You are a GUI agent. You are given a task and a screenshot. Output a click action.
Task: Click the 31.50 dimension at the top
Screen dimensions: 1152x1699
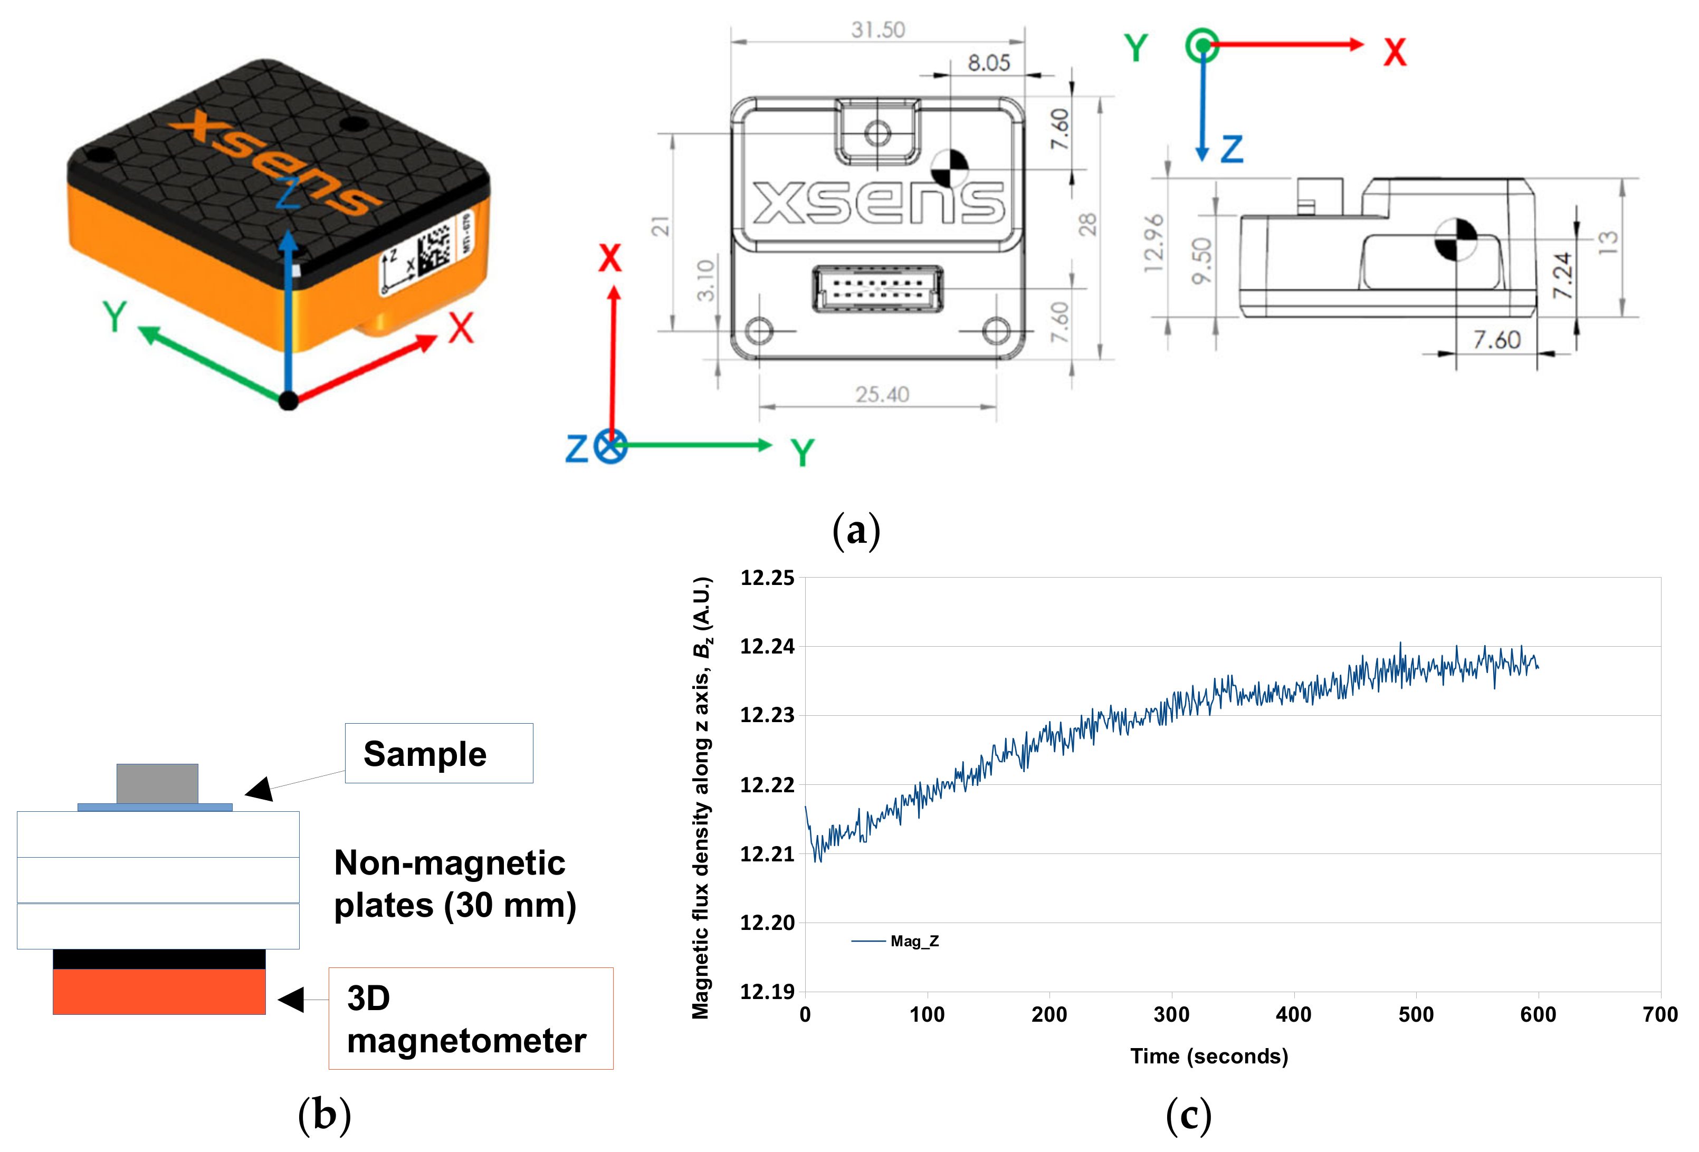[877, 30]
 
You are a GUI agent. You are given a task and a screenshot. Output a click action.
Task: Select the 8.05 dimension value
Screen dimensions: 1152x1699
[988, 63]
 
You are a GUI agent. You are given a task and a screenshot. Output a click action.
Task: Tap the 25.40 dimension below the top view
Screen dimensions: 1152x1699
[882, 395]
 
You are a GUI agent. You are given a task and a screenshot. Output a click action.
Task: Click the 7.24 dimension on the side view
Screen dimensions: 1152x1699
[1562, 275]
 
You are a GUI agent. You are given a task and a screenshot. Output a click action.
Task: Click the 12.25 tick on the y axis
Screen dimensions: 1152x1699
[767, 578]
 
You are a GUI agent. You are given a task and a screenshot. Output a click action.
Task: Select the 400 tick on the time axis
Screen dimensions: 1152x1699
[1293, 1014]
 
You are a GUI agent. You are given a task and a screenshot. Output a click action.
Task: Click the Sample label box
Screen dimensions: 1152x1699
[438, 754]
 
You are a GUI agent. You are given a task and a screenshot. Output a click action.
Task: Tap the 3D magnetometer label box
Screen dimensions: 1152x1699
[470, 1019]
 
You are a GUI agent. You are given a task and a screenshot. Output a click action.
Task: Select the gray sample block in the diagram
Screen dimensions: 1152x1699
[157, 784]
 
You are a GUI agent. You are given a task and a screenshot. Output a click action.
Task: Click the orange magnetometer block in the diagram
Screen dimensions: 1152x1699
[159, 991]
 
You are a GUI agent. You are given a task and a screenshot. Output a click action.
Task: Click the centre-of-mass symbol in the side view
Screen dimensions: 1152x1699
[1456, 239]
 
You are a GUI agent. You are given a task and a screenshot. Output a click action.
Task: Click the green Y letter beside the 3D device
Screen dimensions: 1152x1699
[115, 316]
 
